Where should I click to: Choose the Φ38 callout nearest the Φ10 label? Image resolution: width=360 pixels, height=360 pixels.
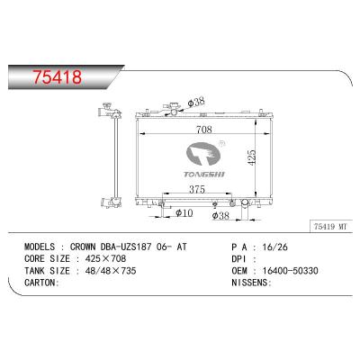220,216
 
